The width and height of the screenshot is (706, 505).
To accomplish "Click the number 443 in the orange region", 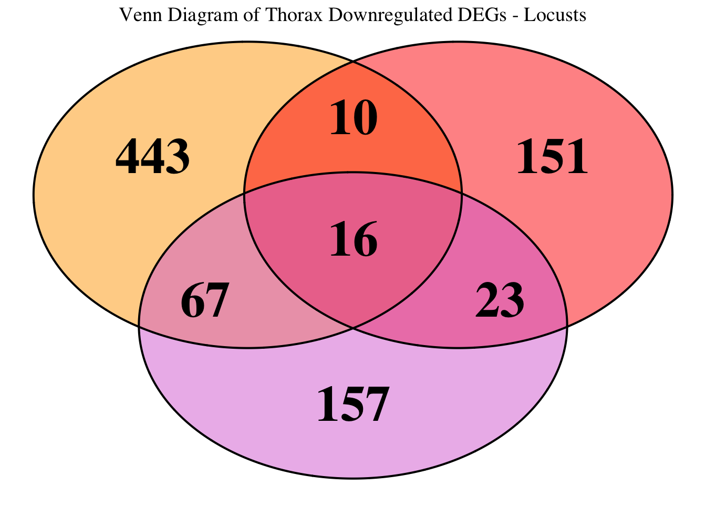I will point(152,157).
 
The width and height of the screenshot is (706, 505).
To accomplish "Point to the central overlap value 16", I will point(354,239).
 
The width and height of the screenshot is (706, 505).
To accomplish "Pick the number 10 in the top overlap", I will point(354,118).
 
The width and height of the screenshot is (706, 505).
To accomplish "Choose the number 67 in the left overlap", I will point(205,301).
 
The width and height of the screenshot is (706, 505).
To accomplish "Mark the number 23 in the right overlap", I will point(500,301).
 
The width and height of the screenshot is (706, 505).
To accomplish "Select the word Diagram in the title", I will point(197,15).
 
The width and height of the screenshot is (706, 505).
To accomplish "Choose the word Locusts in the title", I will point(555,15).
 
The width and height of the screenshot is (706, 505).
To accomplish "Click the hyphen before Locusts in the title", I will point(516,16).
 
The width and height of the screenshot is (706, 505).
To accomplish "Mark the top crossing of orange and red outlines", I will point(353,62).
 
